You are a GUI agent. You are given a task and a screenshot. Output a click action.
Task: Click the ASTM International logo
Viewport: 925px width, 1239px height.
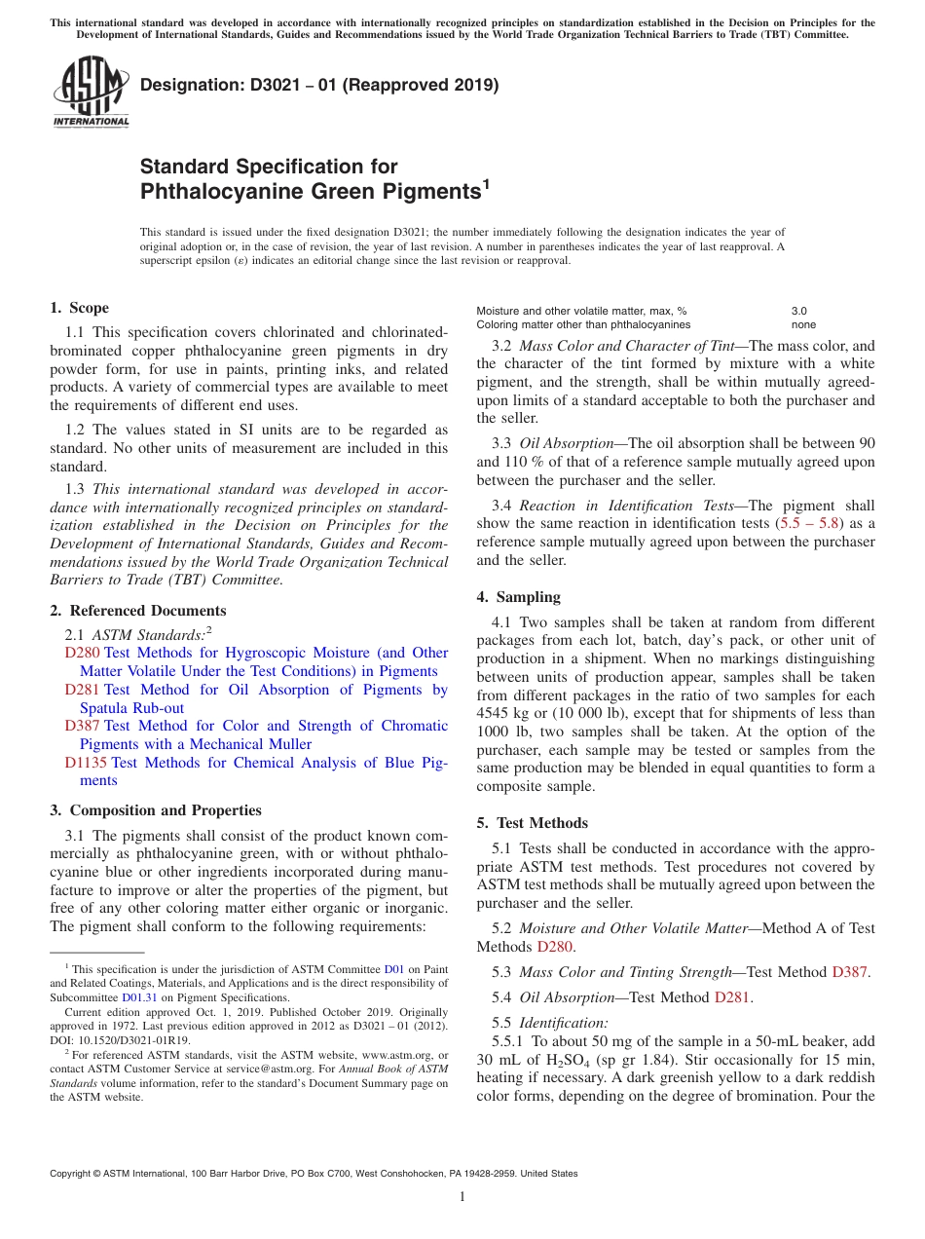coord(91,93)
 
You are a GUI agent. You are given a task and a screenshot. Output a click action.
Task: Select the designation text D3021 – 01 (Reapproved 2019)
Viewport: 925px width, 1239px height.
coord(319,85)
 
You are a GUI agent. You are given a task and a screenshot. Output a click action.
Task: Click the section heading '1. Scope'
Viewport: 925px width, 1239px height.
coord(80,308)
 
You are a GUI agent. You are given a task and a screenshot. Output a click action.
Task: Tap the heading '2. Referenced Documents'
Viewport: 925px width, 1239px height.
coord(138,611)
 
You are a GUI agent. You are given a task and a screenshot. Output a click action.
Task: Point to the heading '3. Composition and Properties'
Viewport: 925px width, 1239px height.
coord(156,810)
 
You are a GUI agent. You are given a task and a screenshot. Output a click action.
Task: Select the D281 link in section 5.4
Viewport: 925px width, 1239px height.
coord(733,996)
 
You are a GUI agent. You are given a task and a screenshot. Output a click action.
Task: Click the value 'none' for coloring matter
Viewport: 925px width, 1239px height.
coord(803,324)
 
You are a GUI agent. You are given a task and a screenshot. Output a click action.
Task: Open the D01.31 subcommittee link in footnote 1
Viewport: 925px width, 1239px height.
coord(139,996)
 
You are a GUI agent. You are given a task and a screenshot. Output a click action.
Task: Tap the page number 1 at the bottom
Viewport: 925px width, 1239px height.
coord(462,1196)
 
